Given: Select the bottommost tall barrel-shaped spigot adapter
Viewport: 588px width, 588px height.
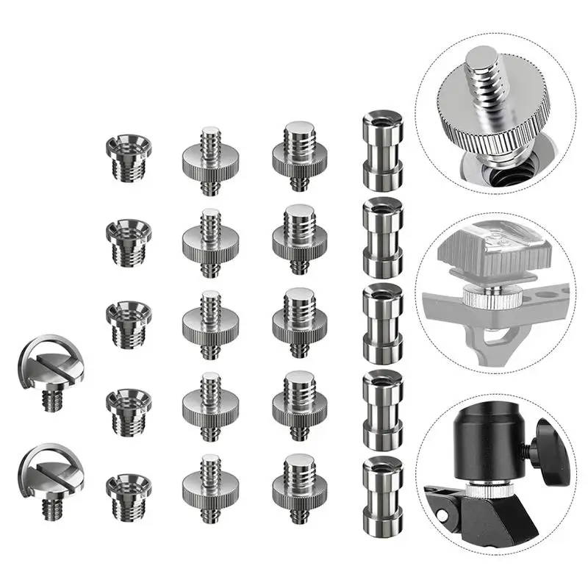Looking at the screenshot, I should tap(383, 490).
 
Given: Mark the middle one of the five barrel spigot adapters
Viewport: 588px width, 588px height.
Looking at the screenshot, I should tap(383, 318).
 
